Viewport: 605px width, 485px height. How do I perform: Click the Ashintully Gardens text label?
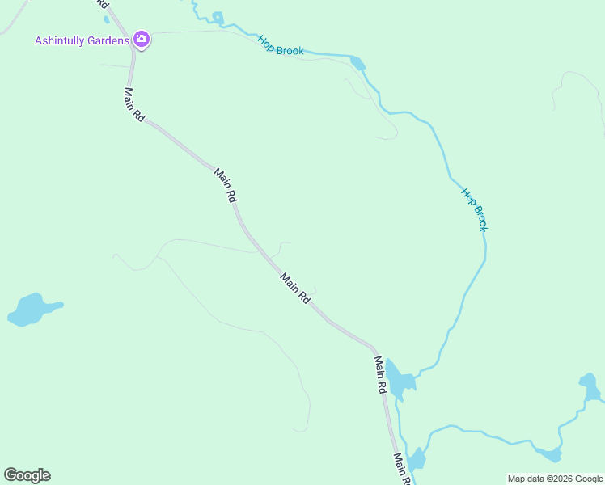pyautogui.click(x=82, y=40)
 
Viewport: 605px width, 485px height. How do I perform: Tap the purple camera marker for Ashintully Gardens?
pyautogui.click(x=142, y=39)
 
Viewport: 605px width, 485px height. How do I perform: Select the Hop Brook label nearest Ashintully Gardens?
pyautogui.click(x=281, y=45)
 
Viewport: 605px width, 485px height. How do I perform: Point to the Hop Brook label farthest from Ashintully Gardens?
pyautogui.click(x=475, y=209)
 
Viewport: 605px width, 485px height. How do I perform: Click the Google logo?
pyautogui.click(x=27, y=475)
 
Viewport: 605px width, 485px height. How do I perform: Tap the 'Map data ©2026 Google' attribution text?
pyautogui.click(x=555, y=479)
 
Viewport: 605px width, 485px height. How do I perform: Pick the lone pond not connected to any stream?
pyautogui.click(x=32, y=309)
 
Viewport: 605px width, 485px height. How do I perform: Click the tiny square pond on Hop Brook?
pyautogui.click(x=217, y=16)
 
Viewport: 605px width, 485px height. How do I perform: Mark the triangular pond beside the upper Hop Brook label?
pyautogui.click(x=357, y=62)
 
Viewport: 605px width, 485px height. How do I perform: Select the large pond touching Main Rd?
pyautogui.click(x=398, y=377)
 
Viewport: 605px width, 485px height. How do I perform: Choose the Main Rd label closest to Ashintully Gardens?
pyautogui.click(x=134, y=104)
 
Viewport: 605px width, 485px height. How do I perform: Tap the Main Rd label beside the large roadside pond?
pyautogui.click(x=380, y=374)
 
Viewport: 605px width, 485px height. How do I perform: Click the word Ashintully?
pyautogui.click(x=61, y=40)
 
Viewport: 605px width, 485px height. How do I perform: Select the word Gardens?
pyautogui.click(x=109, y=40)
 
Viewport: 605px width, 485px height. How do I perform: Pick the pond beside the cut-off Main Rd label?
pyautogui.click(x=417, y=459)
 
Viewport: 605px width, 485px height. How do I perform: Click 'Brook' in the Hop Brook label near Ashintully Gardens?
pyautogui.click(x=290, y=49)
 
